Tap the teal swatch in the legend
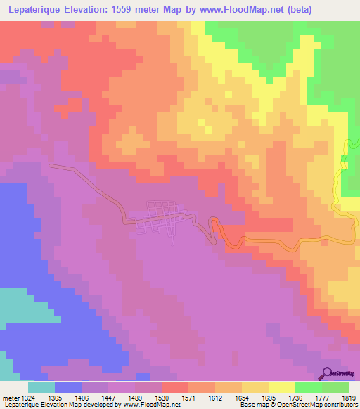pos(41,387)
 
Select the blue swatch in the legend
pos(68,387)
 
